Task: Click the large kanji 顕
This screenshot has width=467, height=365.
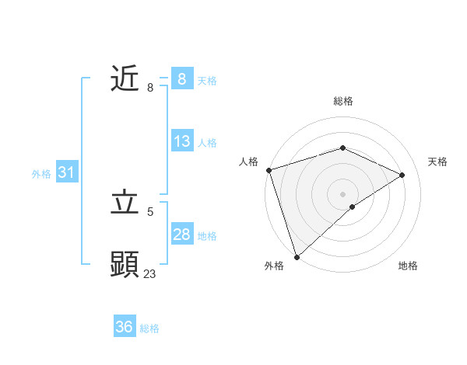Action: point(125,265)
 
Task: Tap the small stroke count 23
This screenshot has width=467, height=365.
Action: point(150,273)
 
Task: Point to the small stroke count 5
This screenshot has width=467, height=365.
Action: point(150,211)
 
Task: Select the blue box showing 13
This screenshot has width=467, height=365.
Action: point(182,141)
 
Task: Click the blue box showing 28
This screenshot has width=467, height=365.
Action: point(182,235)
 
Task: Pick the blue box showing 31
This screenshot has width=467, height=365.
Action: point(66,173)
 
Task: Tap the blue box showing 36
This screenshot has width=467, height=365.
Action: point(125,327)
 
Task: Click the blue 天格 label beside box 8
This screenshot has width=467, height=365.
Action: point(207,81)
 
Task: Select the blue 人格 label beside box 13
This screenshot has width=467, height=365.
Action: point(207,143)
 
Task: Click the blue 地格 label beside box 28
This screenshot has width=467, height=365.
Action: point(207,236)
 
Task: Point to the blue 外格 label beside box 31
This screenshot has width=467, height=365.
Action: point(41,175)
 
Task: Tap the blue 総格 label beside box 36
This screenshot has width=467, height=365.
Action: point(149,328)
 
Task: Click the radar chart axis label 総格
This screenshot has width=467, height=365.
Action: point(342,101)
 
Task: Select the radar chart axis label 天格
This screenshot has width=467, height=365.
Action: point(437,162)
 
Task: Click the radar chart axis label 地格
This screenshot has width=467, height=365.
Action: point(408,266)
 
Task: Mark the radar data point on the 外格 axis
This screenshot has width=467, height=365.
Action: point(296,256)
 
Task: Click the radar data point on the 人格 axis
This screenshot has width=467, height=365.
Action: point(268,170)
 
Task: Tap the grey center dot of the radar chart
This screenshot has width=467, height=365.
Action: point(342,193)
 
